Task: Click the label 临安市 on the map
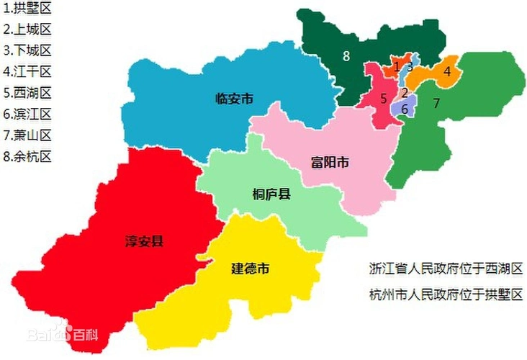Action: coord(233,99)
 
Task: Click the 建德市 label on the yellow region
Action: coord(250,269)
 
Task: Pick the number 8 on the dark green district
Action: coord(346,56)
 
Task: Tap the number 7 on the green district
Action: coord(436,103)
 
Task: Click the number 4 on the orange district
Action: coord(446,71)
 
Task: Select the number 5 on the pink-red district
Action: coord(384,98)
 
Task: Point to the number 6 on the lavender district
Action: coord(405,109)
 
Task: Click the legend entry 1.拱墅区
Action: coord(28,10)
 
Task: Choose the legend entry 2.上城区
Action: coord(28,30)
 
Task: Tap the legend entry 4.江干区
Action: coord(28,72)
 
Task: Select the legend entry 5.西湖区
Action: coord(28,93)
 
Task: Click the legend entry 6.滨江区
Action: coord(28,114)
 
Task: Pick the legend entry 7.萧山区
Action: coord(28,135)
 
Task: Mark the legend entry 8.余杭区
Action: coord(28,156)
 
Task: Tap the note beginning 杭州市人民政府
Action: coord(444,295)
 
